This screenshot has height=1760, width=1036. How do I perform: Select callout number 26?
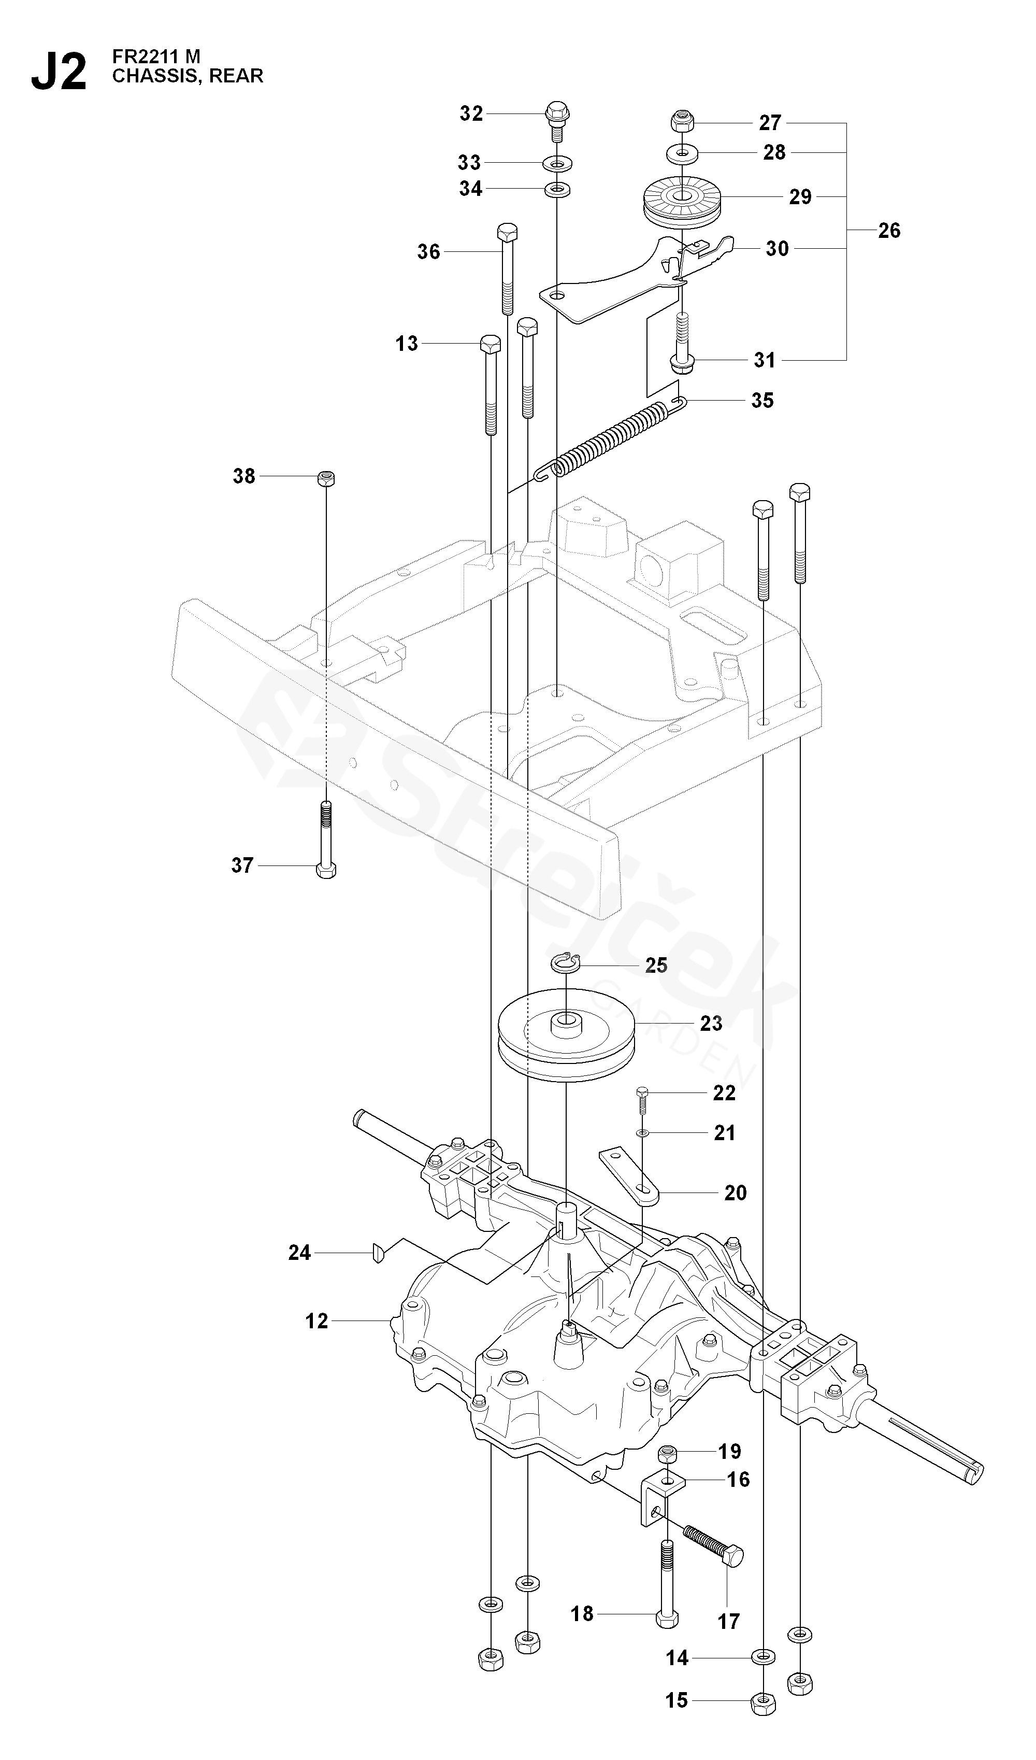point(889,231)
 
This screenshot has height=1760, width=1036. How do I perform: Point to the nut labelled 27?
point(681,123)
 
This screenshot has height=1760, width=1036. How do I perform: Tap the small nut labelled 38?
point(326,478)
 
